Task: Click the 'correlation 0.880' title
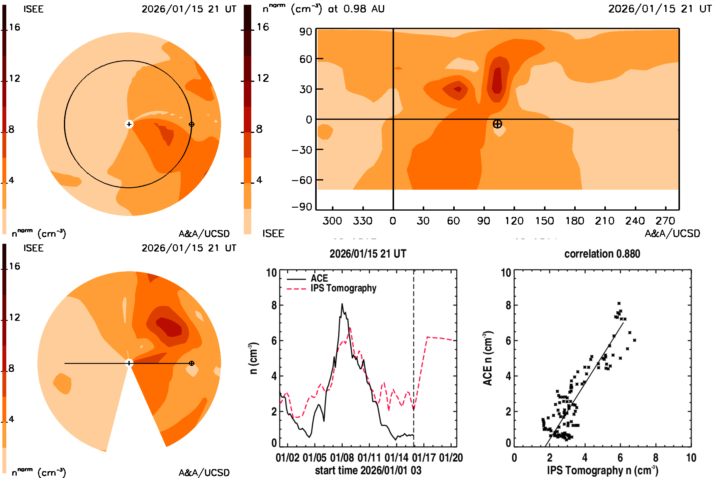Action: coord(602,254)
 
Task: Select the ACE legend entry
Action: coord(319,278)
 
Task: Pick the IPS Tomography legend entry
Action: coord(343,288)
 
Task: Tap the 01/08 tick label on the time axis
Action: coord(342,458)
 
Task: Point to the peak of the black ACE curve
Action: coord(342,304)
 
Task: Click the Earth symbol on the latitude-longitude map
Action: coord(497,124)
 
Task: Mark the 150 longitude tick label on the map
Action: coord(544,221)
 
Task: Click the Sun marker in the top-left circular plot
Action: coord(129,124)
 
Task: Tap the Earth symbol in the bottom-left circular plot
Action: coord(191,363)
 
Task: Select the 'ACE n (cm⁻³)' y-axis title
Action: coord(488,358)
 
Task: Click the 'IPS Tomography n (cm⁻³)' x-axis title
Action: coord(602,470)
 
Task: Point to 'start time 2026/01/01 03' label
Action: coord(368,470)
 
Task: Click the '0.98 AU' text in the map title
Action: coord(364,9)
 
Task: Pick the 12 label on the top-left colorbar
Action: coord(14,78)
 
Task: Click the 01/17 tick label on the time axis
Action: coord(424,458)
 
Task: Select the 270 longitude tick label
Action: coord(665,221)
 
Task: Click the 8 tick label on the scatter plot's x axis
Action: coord(655,458)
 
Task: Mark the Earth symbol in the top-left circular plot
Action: coord(191,124)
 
